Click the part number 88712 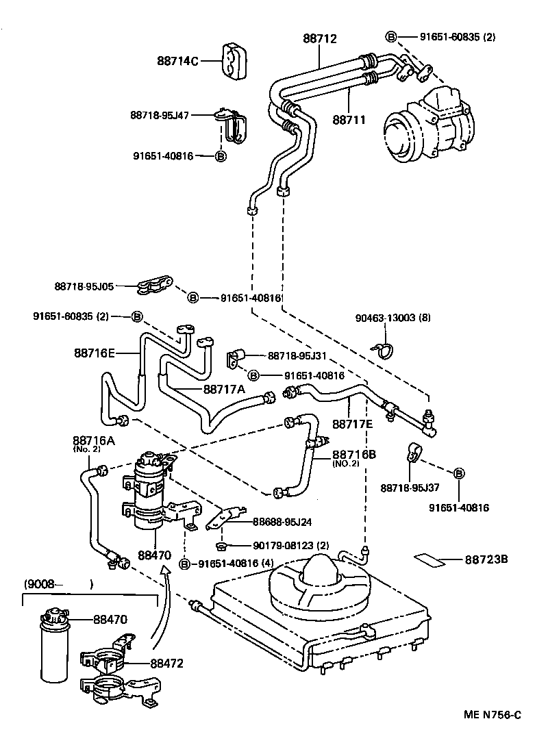point(320,39)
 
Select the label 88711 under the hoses point(349,119)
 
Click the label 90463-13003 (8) point(393,318)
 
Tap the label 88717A point(225,388)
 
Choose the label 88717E point(353,425)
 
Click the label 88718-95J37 point(410,488)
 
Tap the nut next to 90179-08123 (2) point(222,545)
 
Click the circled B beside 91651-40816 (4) point(184,564)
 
